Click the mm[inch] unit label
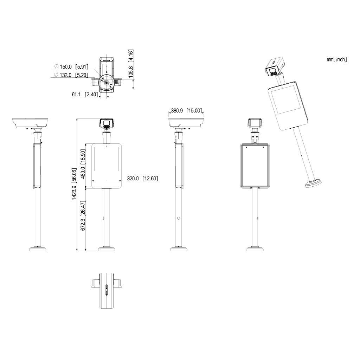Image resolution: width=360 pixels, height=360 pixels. (336, 59)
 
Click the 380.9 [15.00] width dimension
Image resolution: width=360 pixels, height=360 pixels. (186, 111)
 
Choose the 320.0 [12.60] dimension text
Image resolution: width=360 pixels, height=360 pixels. (142, 179)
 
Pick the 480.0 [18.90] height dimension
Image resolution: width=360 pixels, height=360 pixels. (83, 164)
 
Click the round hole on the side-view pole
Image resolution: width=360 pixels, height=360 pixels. (179, 218)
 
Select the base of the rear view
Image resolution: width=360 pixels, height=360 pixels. (255, 249)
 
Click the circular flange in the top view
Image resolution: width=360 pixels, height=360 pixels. (106, 82)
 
